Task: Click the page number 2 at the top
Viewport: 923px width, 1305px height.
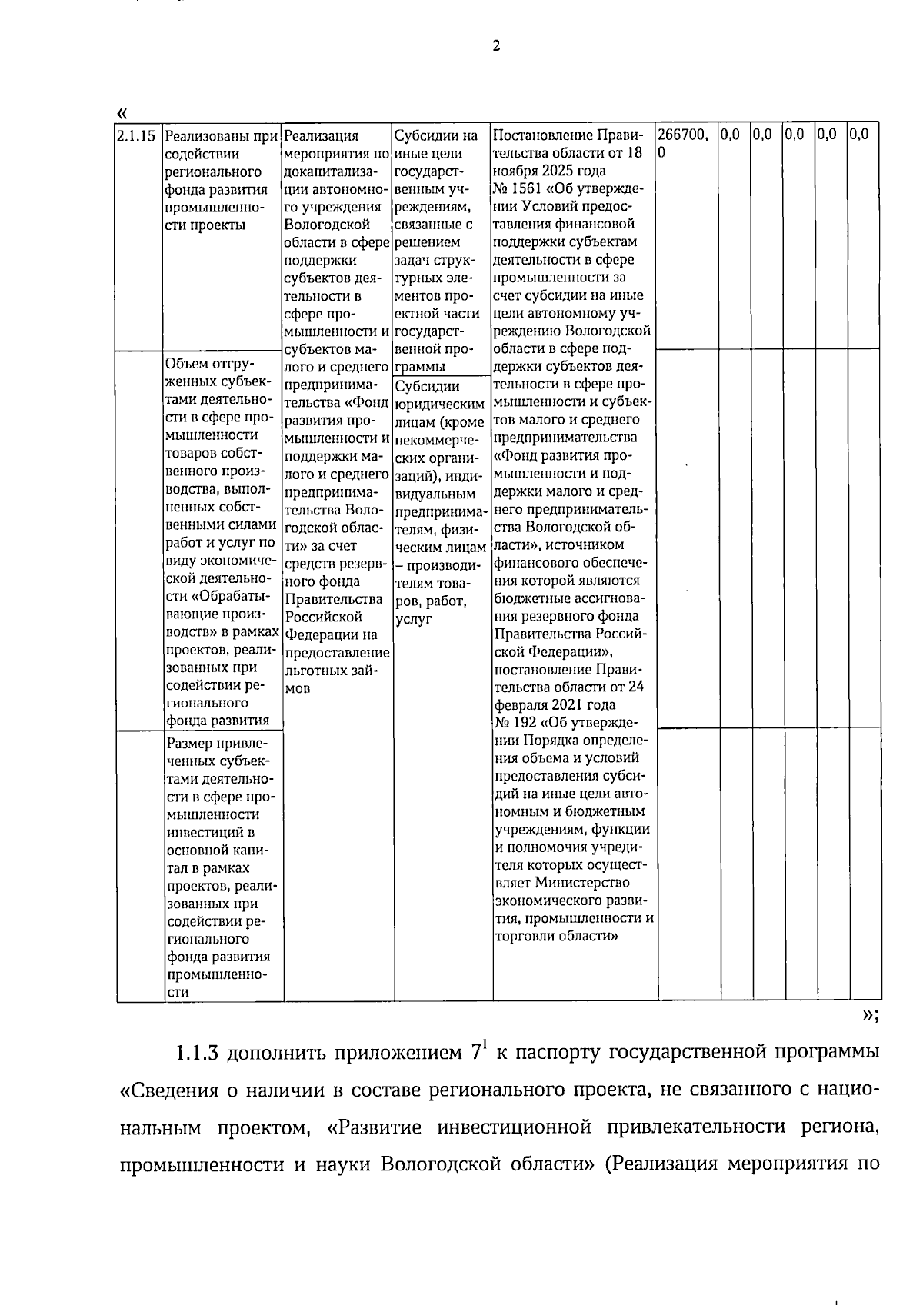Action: tap(496, 46)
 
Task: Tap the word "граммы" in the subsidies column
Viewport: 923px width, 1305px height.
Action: tap(419, 366)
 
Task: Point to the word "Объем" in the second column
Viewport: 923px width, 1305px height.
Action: tap(185, 363)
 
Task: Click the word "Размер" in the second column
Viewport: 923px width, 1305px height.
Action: tap(188, 744)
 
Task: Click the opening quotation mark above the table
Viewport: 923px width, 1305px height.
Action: tap(122, 113)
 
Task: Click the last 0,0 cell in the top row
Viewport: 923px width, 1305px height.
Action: tap(859, 135)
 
